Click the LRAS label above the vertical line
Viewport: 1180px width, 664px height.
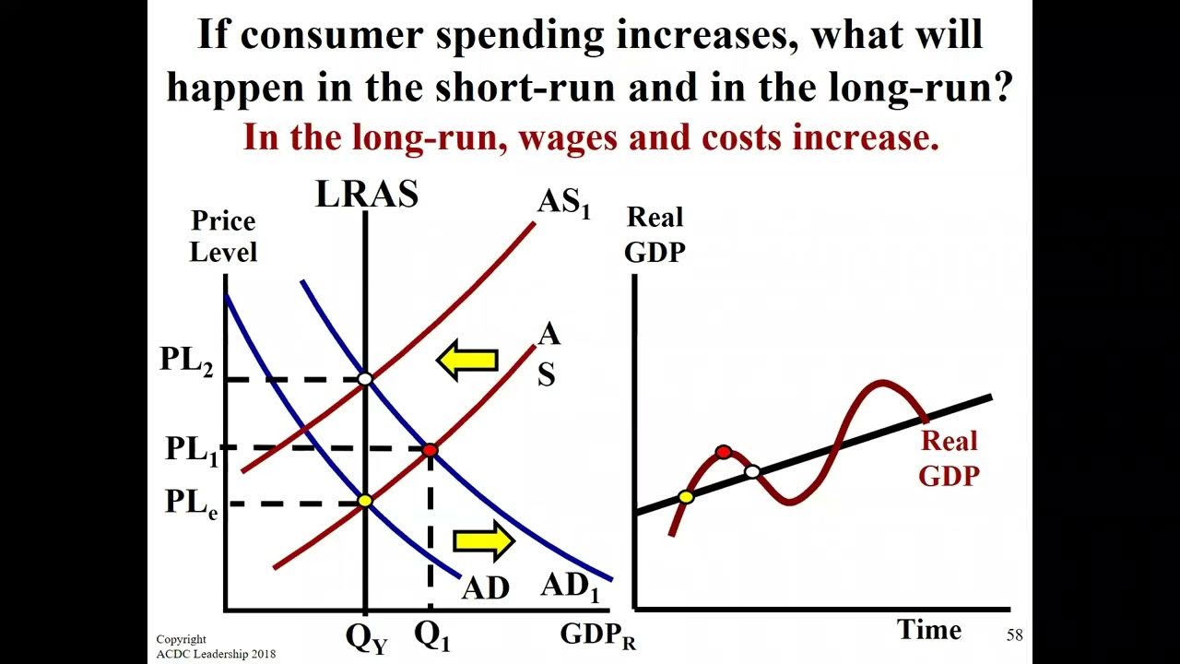[367, 195]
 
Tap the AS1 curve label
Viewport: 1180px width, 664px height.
[563, 204]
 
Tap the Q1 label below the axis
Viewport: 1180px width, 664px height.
[432, 635]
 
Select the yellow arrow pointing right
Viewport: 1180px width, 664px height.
[483, 541]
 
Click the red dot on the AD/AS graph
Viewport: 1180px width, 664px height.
[430, 450]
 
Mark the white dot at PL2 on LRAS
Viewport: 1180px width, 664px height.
[365, 379]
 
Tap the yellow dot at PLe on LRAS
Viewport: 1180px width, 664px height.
[365, 501]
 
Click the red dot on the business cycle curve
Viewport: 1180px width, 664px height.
[724, 452]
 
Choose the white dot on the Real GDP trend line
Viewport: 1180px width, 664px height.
[752, 472]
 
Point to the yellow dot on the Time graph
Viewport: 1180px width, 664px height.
[686, 497]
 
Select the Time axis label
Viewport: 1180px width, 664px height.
[929, 630]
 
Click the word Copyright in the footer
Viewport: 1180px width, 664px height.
[182, 639]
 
